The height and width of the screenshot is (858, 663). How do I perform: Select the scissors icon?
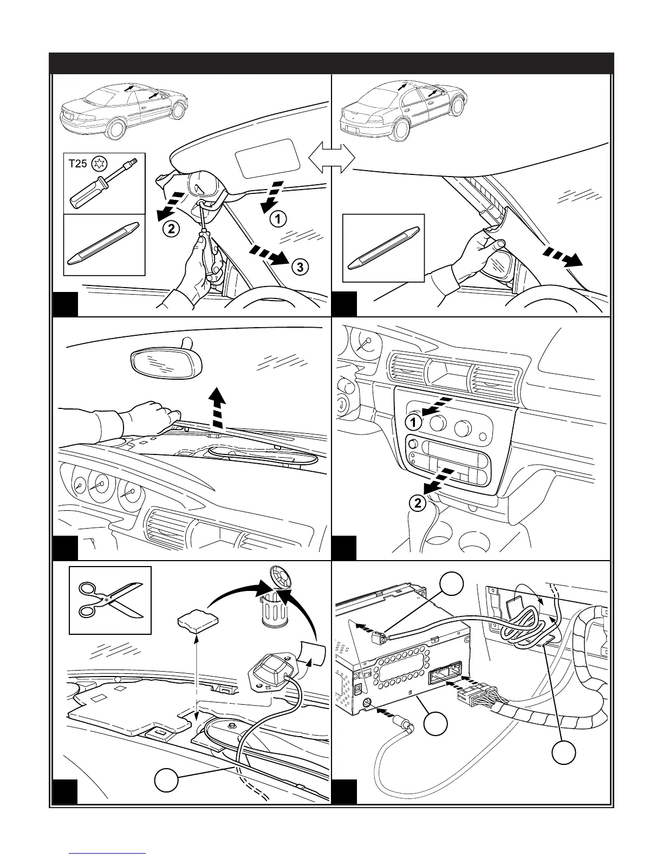[x=110, y=600]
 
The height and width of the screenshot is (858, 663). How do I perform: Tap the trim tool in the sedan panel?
[x=384, y=248]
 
